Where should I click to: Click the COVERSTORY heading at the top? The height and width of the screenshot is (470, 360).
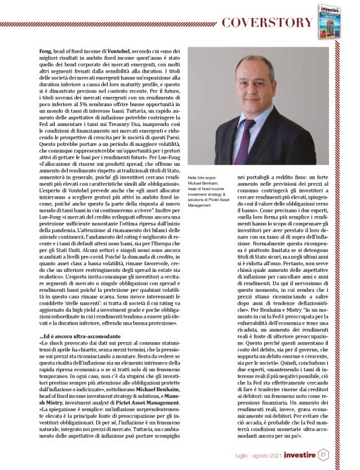click(268, 23)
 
